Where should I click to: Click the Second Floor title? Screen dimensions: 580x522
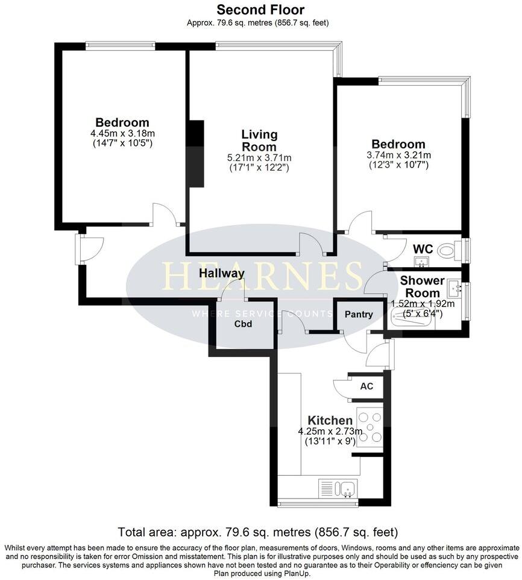(260, 10)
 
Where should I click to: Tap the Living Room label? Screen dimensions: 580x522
(259, 140)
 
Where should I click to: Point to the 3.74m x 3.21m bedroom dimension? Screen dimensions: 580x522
(398, 155)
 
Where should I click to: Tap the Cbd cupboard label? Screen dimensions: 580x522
(243, 324)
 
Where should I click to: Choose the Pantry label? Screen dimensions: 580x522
(359, 314)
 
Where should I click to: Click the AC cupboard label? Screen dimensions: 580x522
(366, 386)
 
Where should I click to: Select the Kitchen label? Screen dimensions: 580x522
(330, 420)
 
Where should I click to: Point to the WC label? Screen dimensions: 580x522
(423, 248)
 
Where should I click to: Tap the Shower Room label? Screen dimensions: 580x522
(422, 286)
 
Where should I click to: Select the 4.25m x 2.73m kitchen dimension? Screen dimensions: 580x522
(330, 432)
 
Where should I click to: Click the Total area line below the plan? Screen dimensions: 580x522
(259, 532)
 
